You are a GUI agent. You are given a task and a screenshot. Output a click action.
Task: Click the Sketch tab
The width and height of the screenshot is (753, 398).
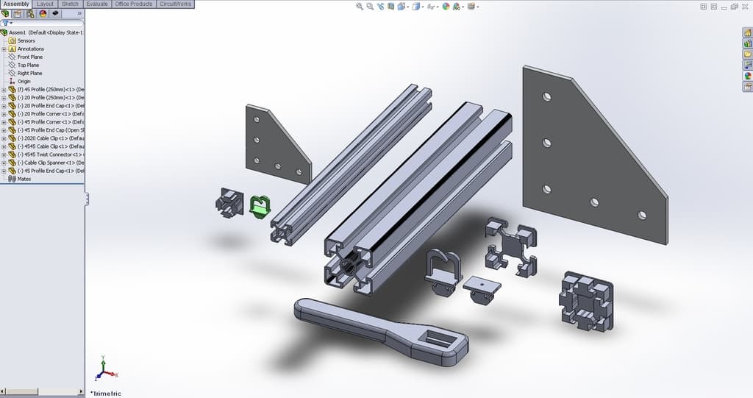tap(70, 4)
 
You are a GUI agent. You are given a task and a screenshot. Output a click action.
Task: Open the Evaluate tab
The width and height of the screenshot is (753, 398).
tap(96, 4)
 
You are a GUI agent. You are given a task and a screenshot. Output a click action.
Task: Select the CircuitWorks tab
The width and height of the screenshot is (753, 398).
tap(175, 4)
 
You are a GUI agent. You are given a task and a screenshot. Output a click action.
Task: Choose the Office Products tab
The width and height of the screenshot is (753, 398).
tap(134, 4)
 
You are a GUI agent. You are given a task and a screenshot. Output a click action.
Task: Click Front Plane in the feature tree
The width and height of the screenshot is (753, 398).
tap(29, 57)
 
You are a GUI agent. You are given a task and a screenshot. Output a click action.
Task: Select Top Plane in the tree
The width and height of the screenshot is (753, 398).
tap(28, 65)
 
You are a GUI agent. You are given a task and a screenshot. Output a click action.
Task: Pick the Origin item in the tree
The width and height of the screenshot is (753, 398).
tap(24, 82)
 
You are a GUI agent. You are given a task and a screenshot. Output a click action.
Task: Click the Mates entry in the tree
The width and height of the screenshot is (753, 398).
tap(24, 179)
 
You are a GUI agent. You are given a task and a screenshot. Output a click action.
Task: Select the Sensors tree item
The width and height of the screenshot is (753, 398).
tap(26, 41)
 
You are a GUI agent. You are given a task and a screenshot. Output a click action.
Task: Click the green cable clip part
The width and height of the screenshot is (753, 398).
tap(260, 207)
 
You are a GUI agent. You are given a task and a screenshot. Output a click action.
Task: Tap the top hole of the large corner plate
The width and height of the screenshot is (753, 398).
tap(546, 97)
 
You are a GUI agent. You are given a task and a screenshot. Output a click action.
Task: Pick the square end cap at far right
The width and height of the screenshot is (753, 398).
tap(585, 302)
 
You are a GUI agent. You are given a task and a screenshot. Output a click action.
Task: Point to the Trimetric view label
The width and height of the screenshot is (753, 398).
tap(106, 394)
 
